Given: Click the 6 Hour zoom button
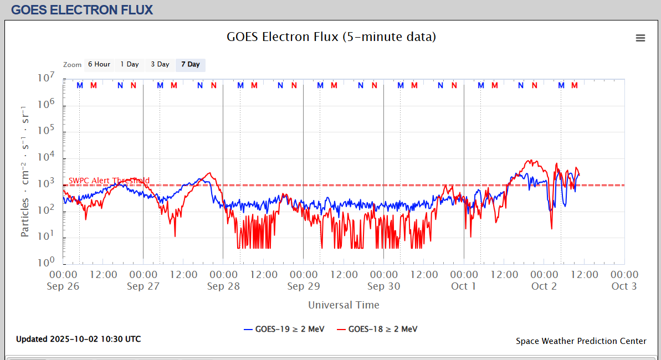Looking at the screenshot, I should [99, 65].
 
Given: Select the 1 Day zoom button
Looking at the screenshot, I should [130, 65].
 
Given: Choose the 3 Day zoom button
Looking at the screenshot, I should [160, 65].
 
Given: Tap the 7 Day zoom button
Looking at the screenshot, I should [191, 65].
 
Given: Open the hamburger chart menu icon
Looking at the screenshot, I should [640, 38].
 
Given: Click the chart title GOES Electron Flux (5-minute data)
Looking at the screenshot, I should [331, 37].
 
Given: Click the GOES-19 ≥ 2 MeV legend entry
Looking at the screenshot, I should [284, 329].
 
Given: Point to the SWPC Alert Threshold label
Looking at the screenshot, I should [109, 181].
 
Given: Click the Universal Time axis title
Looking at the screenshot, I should [344, 305].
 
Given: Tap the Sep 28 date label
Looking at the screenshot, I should [223, 286].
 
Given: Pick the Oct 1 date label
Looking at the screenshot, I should [464, 286].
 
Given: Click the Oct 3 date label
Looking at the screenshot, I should [624, 286].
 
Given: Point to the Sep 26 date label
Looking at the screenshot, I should [63, 286].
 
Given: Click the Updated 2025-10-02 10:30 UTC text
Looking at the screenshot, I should [78, 339].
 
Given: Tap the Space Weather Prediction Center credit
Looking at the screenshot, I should [581, 341].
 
